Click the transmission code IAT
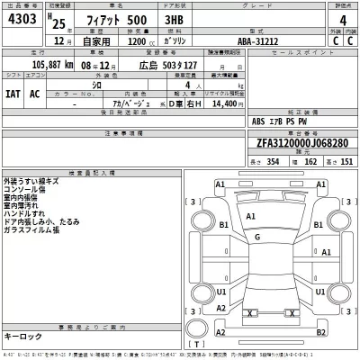click(13, 94)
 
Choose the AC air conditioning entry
click(36, 94)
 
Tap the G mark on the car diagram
click(257, 236)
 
